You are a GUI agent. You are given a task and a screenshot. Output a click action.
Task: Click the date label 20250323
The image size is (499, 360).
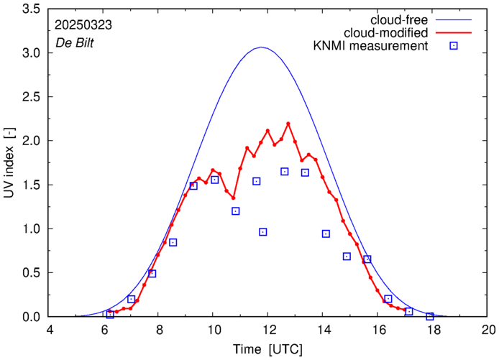click(83, 24)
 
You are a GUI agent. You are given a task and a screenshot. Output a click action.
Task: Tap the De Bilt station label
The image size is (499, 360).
click(73, 42)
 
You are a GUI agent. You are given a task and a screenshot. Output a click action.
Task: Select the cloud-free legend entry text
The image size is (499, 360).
click(399, 19)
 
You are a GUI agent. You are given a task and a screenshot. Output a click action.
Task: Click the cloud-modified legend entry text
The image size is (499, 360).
click(387, 32)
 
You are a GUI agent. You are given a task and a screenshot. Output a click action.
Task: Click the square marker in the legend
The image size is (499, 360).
click(454, 47)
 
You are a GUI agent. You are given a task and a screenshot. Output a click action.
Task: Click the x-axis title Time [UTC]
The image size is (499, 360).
click(268, 349)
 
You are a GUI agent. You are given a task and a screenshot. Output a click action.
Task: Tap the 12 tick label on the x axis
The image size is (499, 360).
click(268, 331)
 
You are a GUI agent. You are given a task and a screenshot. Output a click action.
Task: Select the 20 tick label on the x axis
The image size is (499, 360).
click(489, 331)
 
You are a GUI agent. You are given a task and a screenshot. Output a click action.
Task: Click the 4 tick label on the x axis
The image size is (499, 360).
click(49, 331)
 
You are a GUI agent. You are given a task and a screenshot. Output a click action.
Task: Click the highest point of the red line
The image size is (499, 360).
click(288, 124)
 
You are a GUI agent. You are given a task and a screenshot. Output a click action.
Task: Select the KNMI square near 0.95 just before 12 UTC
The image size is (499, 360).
click(263, 232)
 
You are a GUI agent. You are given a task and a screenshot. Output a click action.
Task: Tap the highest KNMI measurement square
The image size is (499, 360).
click(285, 172)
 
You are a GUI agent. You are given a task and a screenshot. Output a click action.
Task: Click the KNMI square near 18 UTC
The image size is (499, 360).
click(430, 316)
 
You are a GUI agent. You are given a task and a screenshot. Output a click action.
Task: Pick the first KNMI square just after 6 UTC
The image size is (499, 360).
click(110, 314)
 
